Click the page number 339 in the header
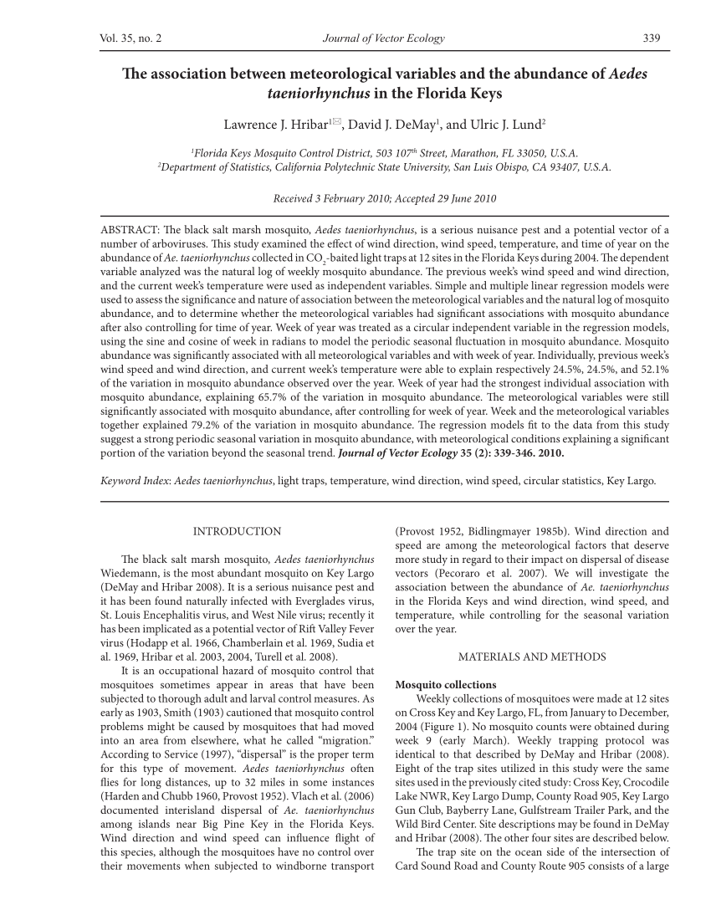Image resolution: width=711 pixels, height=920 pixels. pos(652,38)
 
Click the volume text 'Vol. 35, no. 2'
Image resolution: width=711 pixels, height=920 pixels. pos(131,38)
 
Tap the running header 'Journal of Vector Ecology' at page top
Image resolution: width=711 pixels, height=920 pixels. pos(384,38)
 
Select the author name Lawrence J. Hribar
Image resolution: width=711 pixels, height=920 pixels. pos(274,125)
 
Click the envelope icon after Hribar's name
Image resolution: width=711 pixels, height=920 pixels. pos(336,123)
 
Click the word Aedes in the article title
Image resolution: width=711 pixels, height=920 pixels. pos(627,74)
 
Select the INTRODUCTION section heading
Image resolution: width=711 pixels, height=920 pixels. pos(237,531)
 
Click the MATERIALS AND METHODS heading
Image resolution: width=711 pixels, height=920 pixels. pos(532,657)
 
